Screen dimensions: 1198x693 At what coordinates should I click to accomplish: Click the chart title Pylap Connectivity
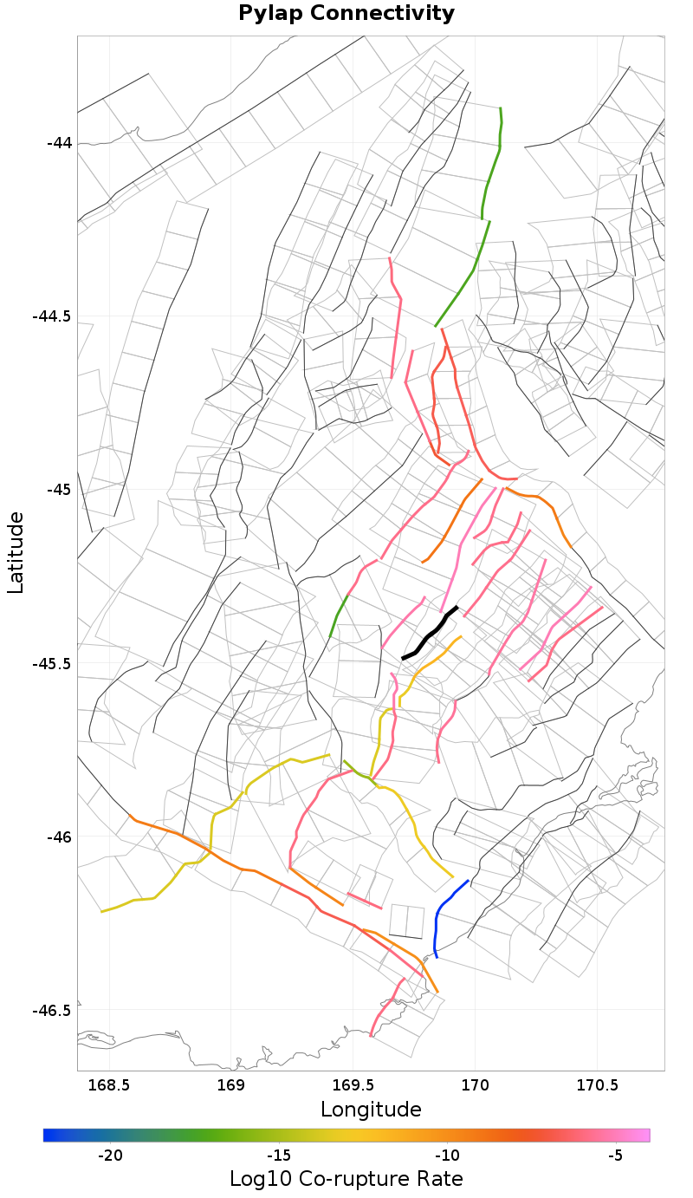(x=346, y=14)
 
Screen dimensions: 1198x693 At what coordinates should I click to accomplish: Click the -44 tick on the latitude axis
(x=60, y=142)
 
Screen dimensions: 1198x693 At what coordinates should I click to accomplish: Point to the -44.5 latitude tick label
(x=52, y=316)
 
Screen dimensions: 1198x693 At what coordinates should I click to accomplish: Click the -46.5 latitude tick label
(x=52, y=1011)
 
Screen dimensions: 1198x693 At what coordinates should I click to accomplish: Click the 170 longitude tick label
(x=475, y=1084)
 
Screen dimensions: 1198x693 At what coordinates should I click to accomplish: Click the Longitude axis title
(x=371, y=1110)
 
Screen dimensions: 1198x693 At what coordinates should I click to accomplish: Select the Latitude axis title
(x=16, y=552)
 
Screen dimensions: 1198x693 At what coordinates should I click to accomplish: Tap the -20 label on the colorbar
(x=110, y=1156)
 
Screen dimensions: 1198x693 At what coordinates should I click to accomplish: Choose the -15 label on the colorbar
(x=278, y=1156)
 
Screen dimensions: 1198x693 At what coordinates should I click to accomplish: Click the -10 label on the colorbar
(x=447, y=1156)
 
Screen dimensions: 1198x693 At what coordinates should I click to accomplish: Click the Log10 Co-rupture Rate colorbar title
(x=346, y=1179)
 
